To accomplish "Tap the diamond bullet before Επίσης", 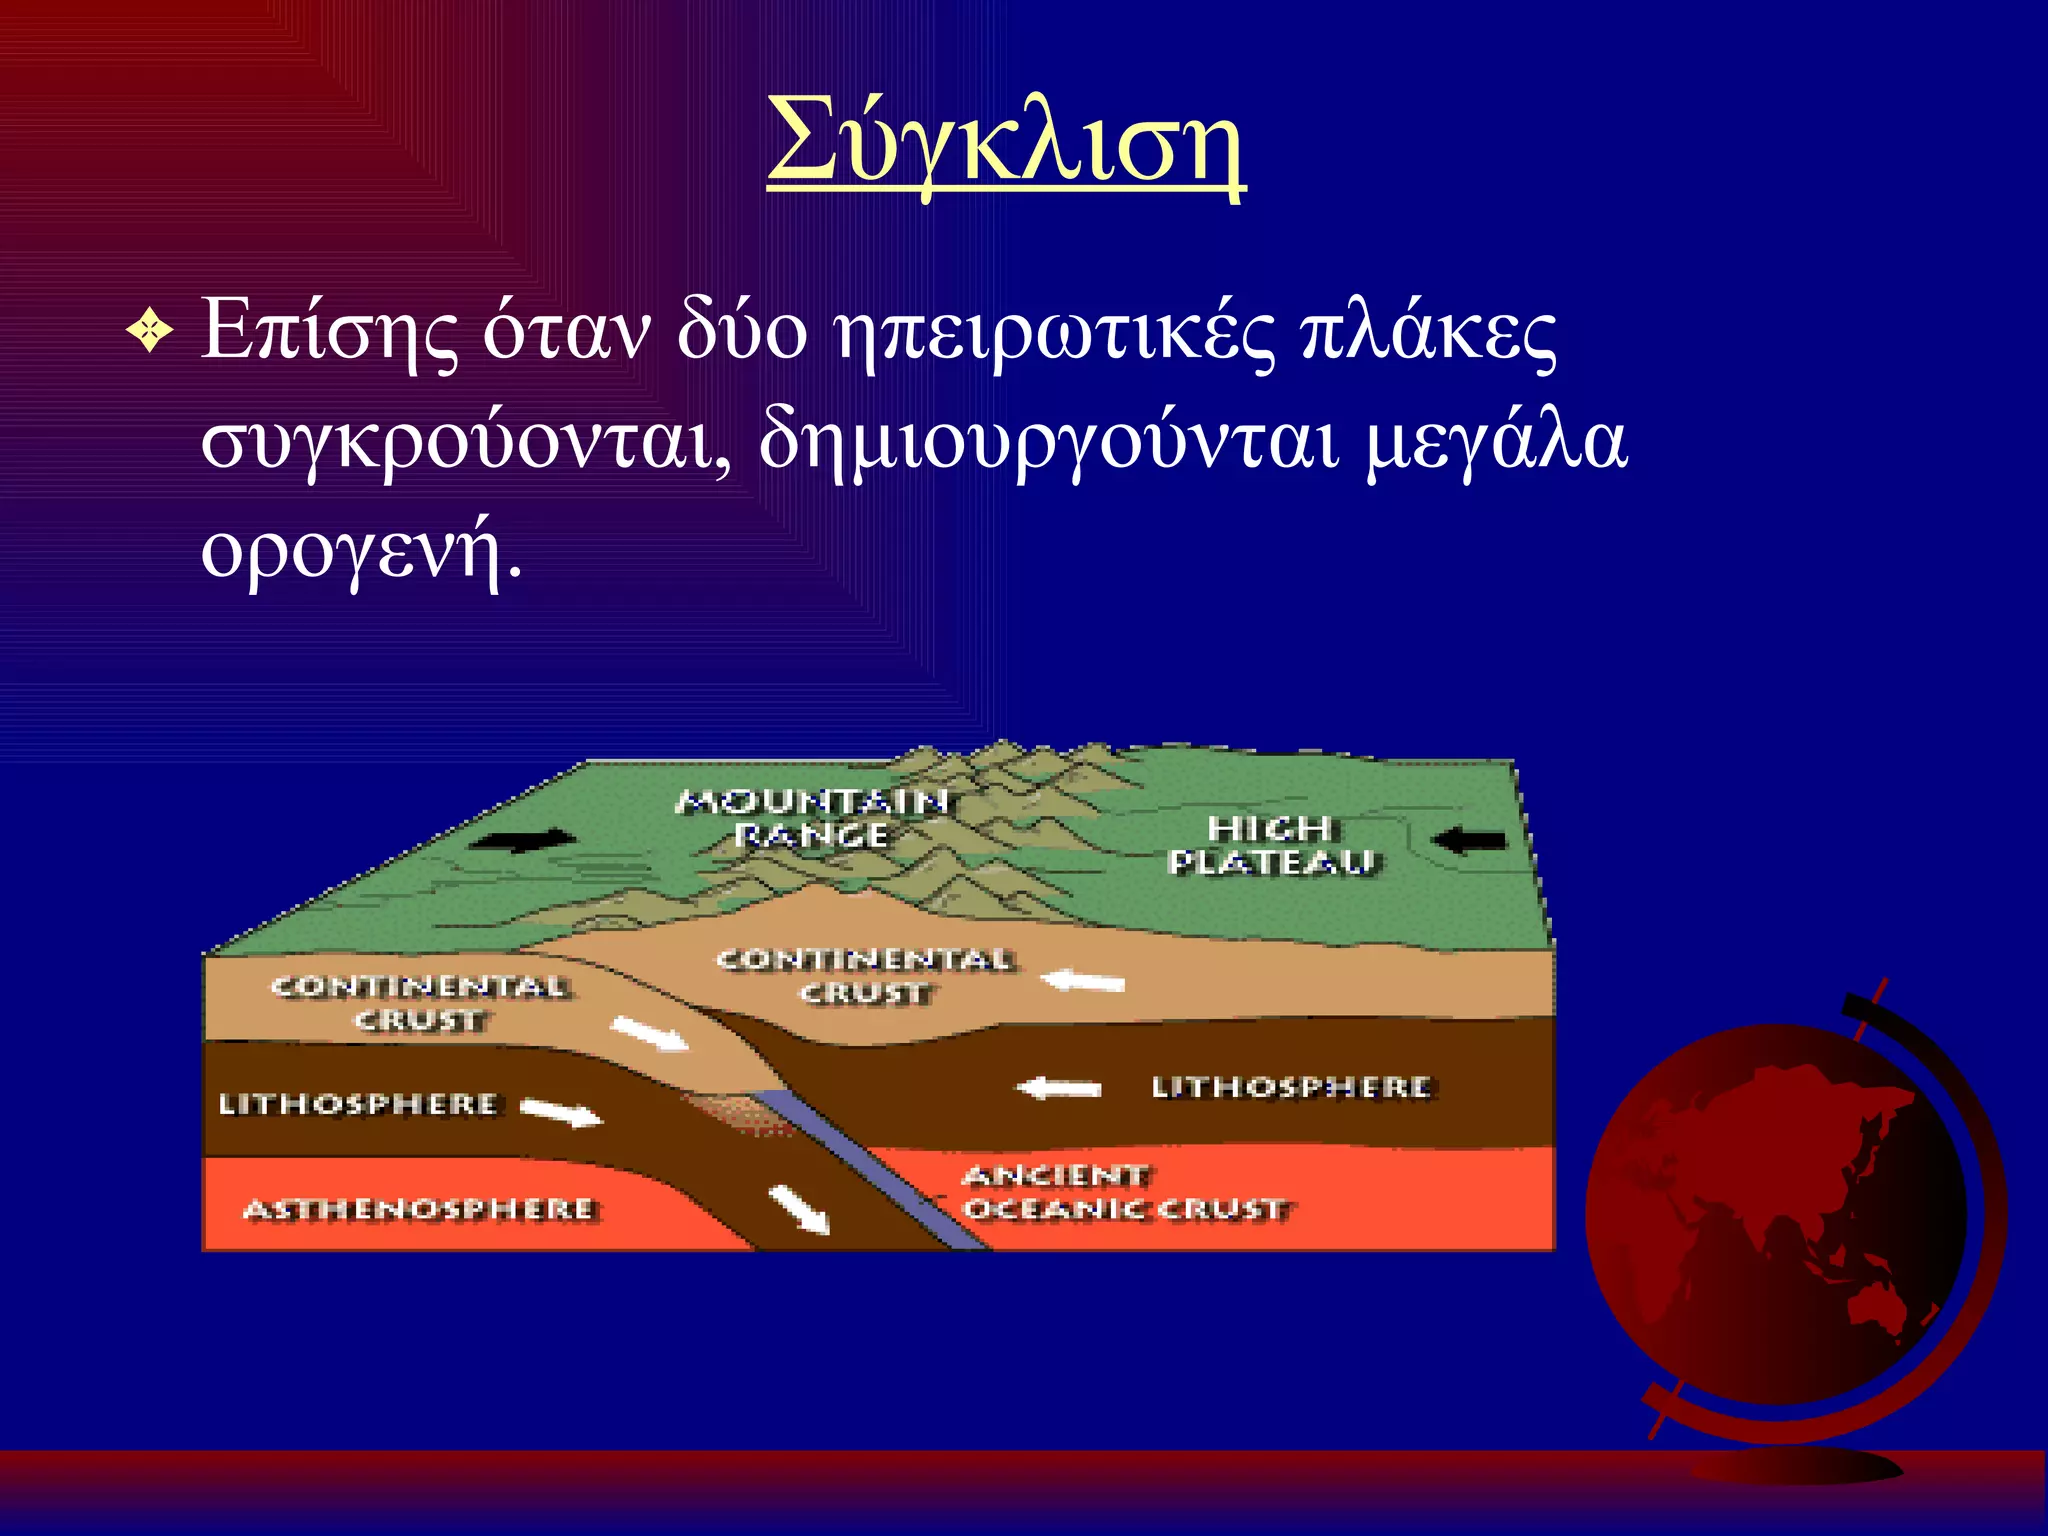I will point(151,332).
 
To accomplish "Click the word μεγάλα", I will point(1497,443).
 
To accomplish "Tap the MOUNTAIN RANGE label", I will point(812,818).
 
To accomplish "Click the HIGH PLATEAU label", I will point(1271,845).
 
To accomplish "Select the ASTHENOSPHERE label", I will point(420,1210).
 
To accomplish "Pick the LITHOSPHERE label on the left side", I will point(358,1104).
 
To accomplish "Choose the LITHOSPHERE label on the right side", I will point(1291,1087).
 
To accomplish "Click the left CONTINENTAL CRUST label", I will point(420,1003).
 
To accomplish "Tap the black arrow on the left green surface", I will point(524,840).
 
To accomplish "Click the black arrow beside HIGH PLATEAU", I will point(1470,840).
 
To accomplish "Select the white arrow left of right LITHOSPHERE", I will point(1060,1087).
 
